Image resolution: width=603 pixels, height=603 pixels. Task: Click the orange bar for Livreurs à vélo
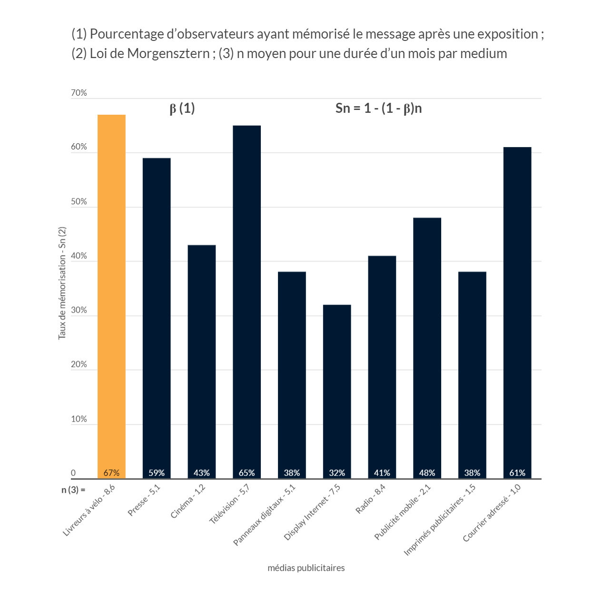111,295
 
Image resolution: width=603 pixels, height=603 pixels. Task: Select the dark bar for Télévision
247,300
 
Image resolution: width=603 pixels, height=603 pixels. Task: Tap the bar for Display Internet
337,390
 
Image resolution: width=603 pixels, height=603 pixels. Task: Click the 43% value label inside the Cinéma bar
202,473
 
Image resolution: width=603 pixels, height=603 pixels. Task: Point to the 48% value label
427,473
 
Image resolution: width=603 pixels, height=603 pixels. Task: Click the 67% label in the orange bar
111,473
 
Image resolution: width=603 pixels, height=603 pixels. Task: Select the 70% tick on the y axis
79,93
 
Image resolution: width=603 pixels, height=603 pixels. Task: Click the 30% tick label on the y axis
79,310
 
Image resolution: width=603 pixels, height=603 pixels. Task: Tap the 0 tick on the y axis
73,473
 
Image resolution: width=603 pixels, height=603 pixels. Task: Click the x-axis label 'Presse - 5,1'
144,500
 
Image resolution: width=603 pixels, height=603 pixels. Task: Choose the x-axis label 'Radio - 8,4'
371,499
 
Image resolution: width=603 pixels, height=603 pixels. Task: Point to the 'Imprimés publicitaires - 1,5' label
440,520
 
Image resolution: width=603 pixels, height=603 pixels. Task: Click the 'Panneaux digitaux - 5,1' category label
264,515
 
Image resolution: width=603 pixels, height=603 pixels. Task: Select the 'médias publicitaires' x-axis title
306,568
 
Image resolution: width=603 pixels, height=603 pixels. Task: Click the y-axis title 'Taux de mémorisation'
62,283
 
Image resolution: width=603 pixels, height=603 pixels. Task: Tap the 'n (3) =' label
73,490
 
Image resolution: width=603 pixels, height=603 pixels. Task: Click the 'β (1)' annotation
182,109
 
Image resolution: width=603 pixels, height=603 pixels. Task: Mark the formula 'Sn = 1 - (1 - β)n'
378,109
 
